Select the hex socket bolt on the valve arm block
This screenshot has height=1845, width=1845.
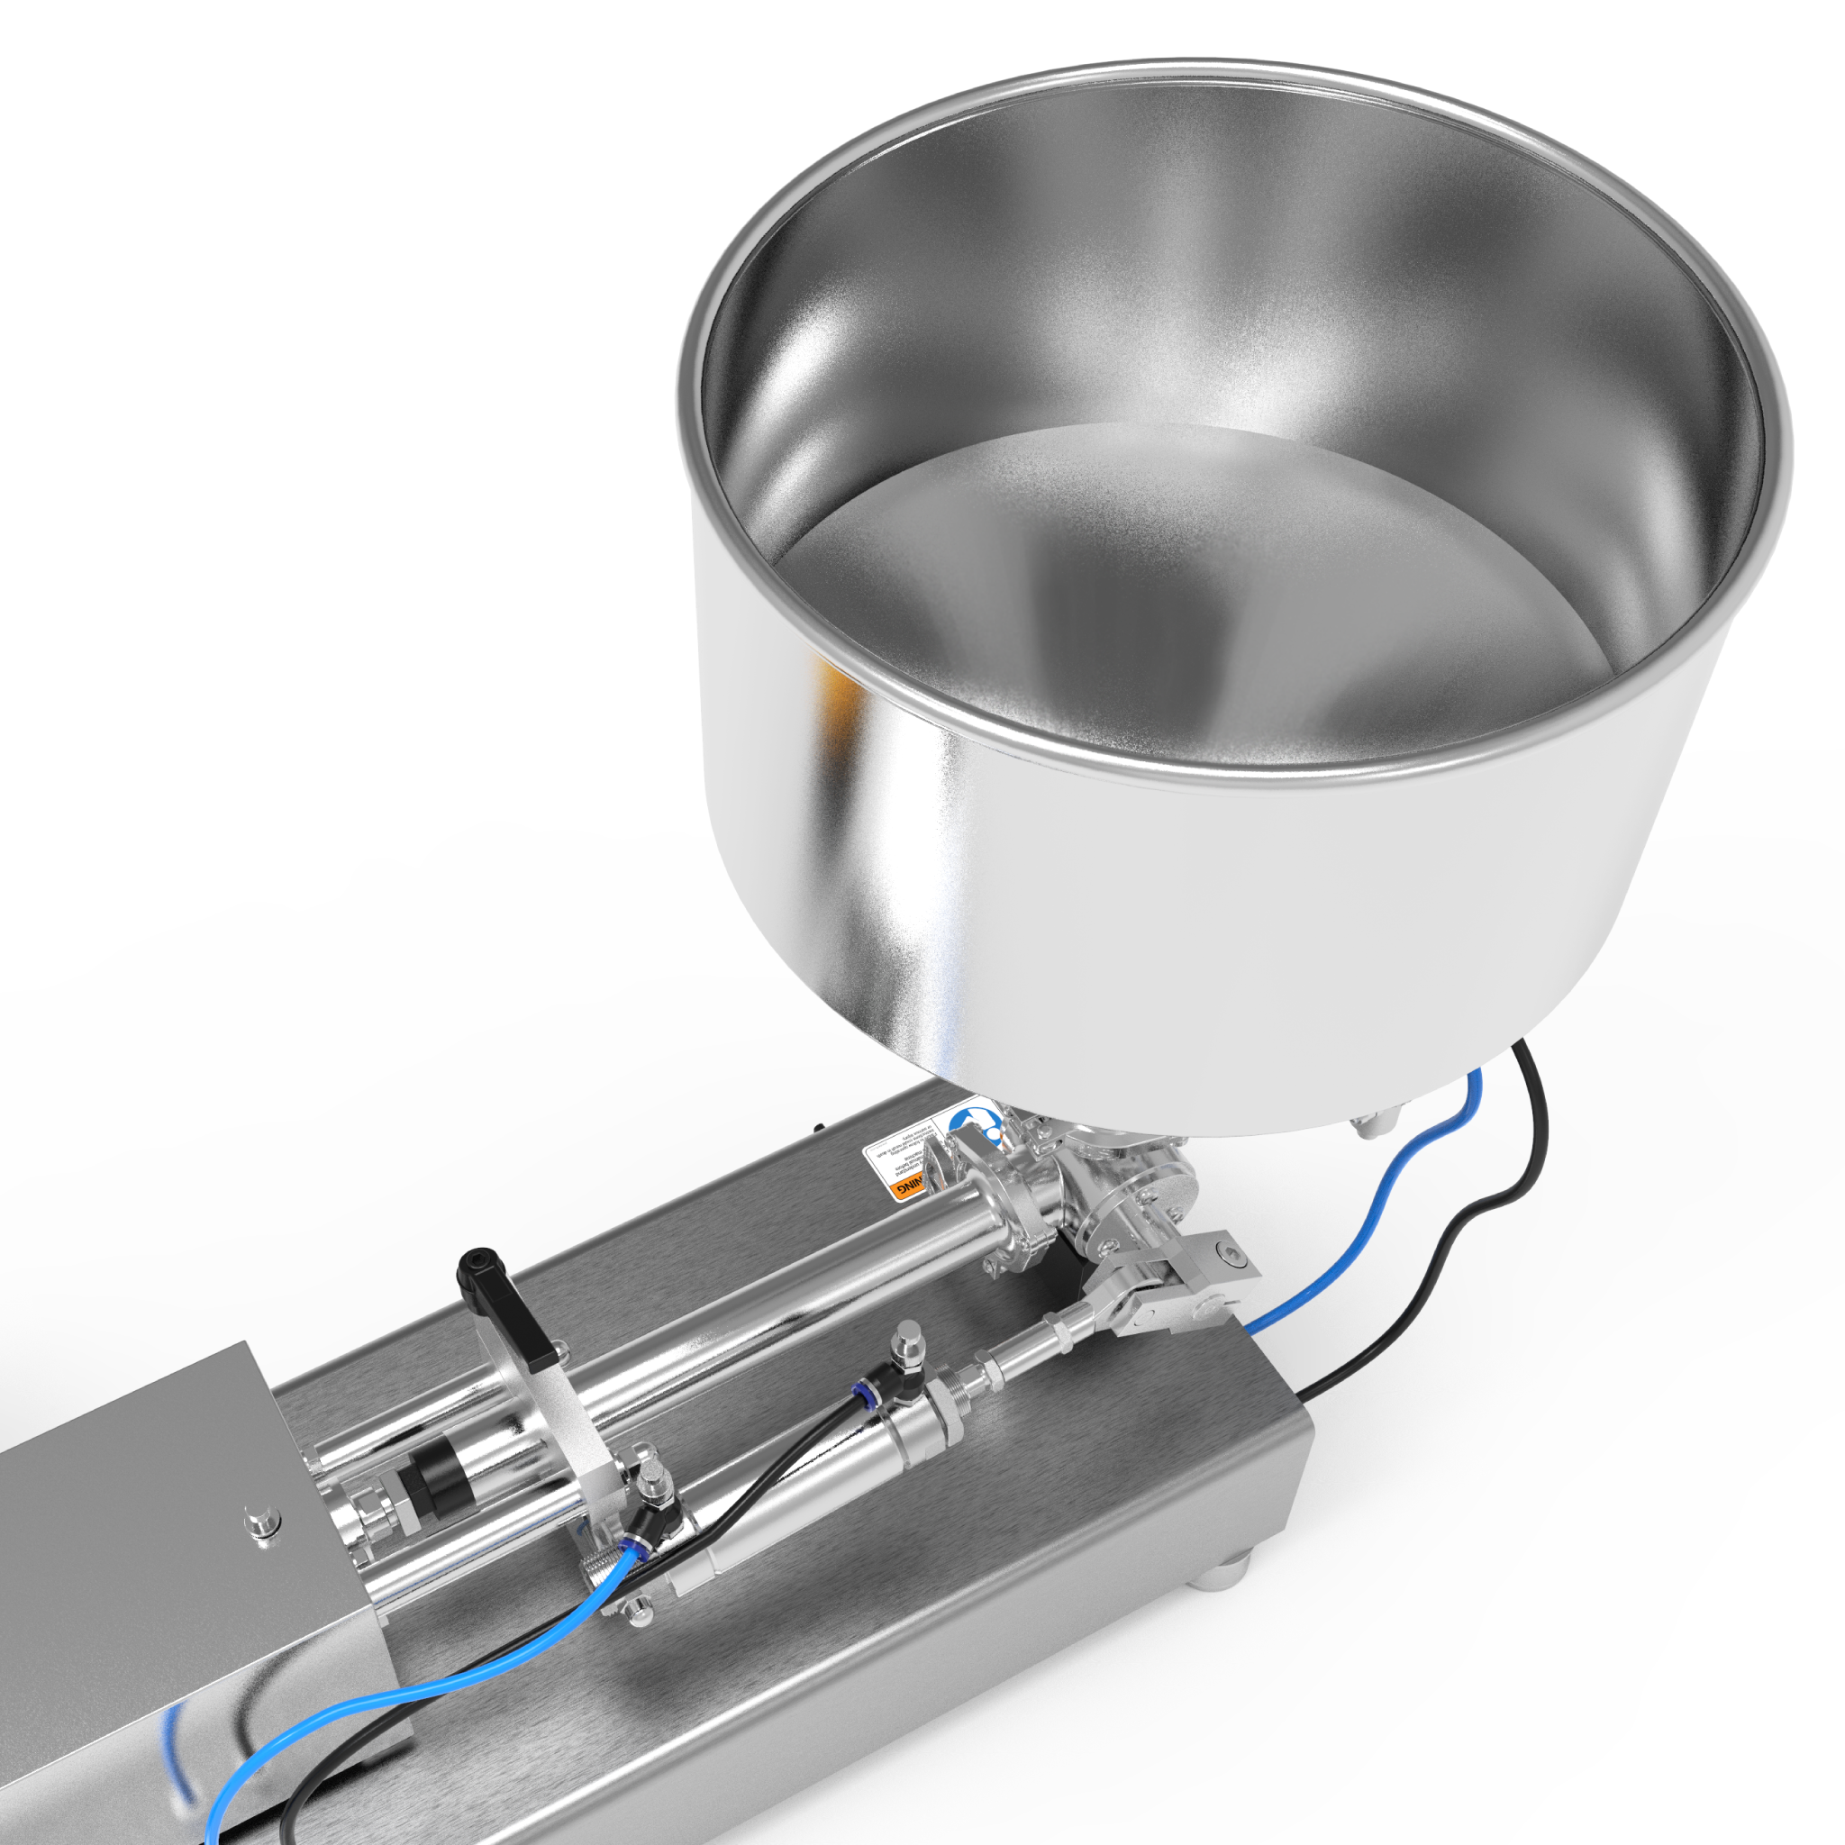(1232, 1259)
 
